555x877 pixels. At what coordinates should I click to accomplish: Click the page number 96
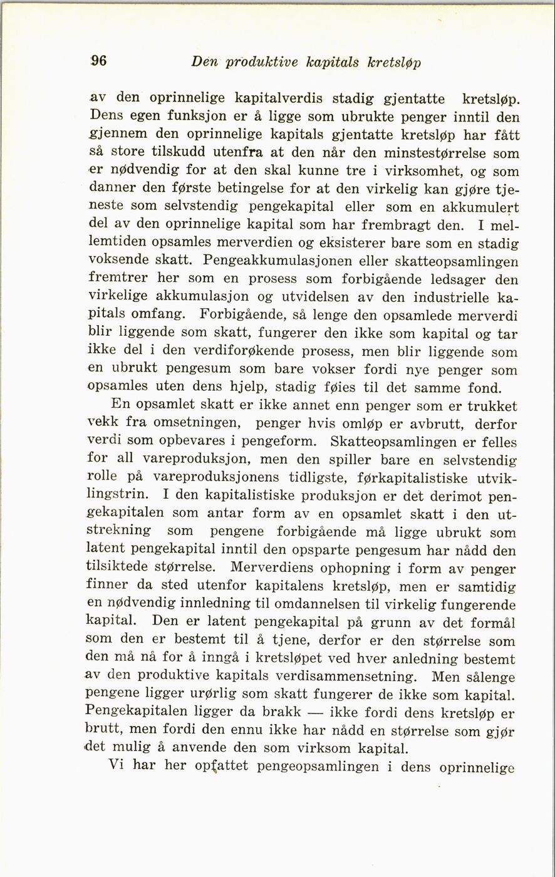click(98, 61)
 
